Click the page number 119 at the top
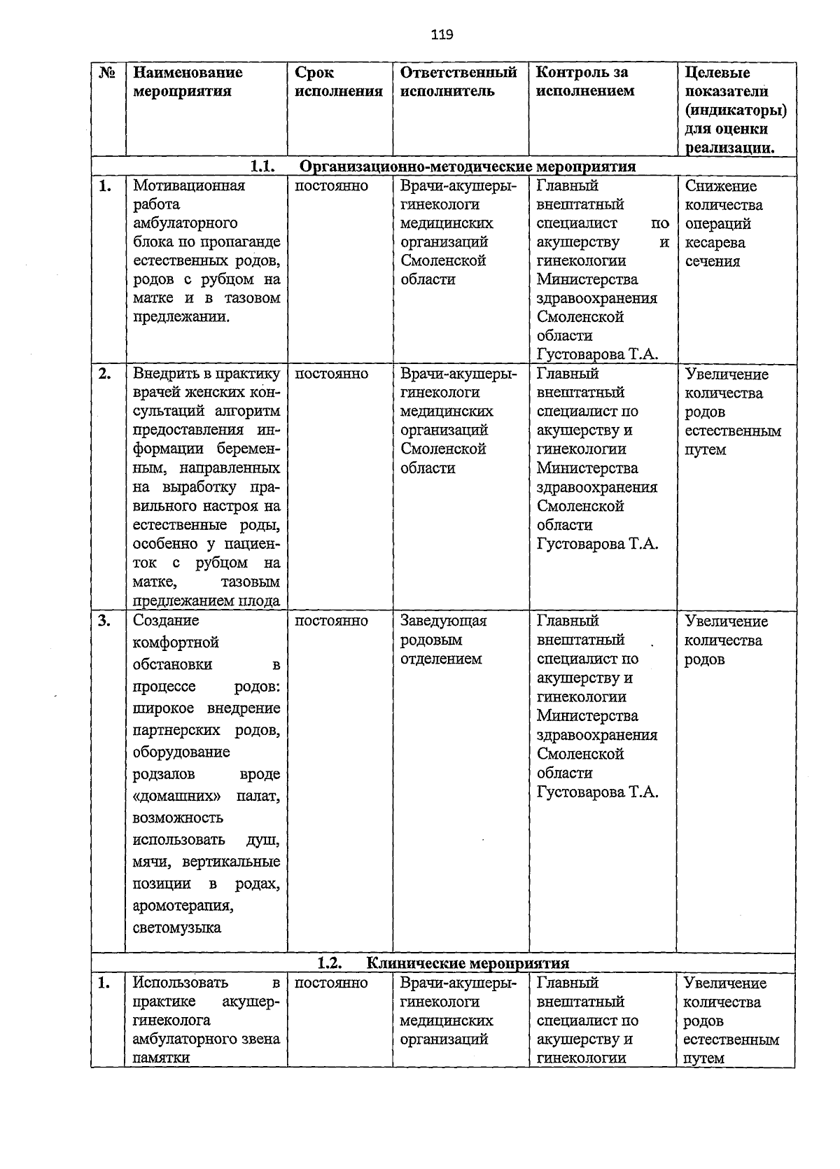(442, 34)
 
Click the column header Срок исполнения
(339, 82)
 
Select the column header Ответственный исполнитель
(458, 82)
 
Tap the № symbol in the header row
(108, 73)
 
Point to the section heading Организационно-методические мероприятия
(468, 167)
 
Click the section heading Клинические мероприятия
(468, 963)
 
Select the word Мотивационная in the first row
(189, 185)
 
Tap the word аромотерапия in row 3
(183, 906)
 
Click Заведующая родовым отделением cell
(442, 640)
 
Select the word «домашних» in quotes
(177, 796)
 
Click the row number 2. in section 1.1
(104, 374)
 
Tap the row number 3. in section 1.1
(104, 621)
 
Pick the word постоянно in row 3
(331, 621)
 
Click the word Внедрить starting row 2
(162, 374)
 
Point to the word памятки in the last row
(161, 1058)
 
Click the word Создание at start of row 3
(166, 621)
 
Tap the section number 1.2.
(328, 963)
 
